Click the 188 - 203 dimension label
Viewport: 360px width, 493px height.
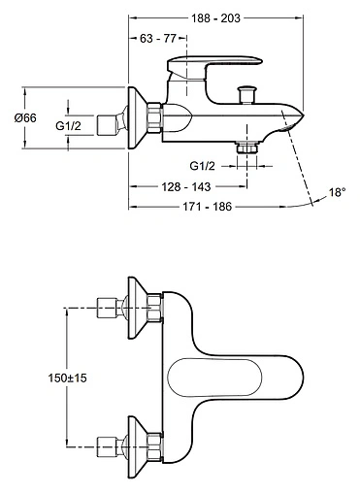(215, 18)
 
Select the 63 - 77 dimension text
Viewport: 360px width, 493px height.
(158, 39)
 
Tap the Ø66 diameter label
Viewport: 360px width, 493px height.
(25, 117)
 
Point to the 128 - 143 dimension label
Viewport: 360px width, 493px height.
(186, 186)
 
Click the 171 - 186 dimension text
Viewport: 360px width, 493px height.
(208, 207)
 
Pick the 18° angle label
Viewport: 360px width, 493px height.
(338, 192)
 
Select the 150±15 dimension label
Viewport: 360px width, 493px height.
(67, 378)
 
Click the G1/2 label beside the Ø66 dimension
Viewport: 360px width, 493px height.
(68, 125)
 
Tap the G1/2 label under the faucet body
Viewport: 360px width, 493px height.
(202, 166)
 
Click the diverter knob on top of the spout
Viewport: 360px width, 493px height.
(246, 95)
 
